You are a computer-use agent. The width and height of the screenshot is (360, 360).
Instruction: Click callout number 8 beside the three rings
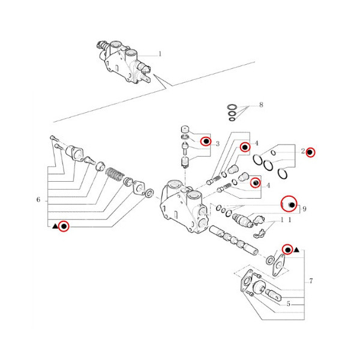coord(261,105)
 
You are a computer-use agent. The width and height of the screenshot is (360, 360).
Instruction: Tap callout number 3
coord(218,144)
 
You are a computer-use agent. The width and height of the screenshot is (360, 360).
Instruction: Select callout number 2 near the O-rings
coord(304,151)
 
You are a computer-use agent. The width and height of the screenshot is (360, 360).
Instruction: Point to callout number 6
coord(38,200)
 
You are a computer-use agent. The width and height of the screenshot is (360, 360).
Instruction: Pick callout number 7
coord(311,281)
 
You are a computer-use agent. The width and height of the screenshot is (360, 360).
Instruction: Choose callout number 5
coord(288,304)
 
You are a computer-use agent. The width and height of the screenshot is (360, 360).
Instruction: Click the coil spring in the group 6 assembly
coord(115,176)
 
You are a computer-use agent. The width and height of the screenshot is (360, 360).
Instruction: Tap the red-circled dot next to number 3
coord(205,141)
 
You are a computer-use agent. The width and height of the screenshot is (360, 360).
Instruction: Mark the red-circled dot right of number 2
coord(310,152)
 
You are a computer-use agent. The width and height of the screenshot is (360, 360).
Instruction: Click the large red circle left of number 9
coord(290,206)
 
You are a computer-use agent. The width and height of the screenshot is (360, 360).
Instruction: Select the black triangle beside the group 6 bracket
coord(55,226)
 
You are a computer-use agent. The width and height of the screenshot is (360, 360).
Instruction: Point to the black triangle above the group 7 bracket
coord(296,249)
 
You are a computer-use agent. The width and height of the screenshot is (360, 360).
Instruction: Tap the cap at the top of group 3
coord(185,129)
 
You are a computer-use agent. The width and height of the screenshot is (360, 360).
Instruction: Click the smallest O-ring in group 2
coord(274,152)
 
